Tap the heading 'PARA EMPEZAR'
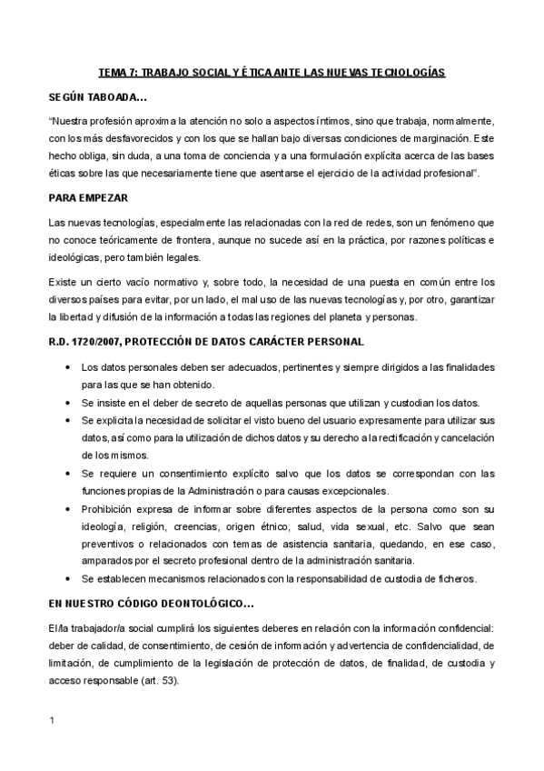tap(87, 197)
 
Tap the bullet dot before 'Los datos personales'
tap(70, 367)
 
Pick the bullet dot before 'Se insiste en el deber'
tap(70, 403)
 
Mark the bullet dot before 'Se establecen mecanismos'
tap(70, 578)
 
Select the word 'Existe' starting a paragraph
tap(63, 283)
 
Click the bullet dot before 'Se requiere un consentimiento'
tap(70, 473)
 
